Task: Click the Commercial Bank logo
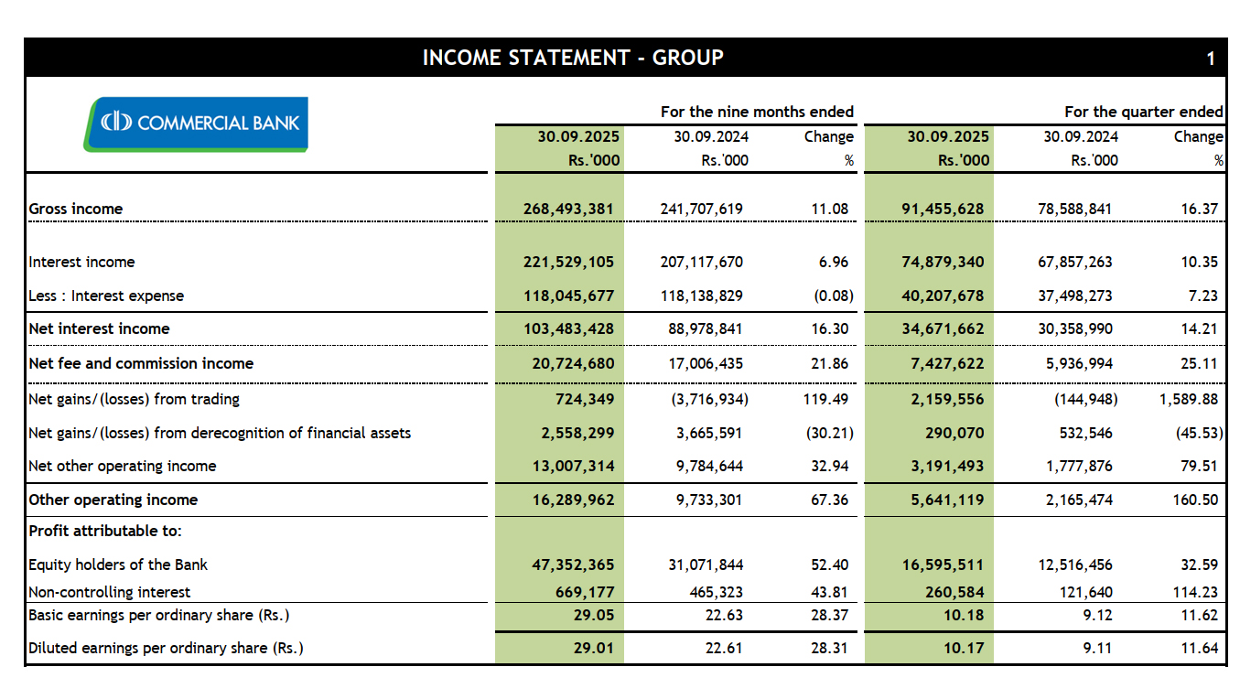pos(196,124)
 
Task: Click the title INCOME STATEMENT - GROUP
pos(573,58)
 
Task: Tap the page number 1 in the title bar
pos(1210,59)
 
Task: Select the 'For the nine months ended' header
pos(757,112)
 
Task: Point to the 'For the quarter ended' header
pos(1143,112)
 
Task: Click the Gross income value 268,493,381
pos(573,209)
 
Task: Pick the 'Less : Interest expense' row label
pos(106,296)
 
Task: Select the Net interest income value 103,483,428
pos(573,328)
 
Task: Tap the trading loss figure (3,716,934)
pos(704,399)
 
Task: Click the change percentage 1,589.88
pos(1188,399)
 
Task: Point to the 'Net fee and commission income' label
pos(141,363)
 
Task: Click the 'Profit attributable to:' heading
pos(105,531)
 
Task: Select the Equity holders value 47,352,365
pos(573,565)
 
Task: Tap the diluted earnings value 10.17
pos(963,648)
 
